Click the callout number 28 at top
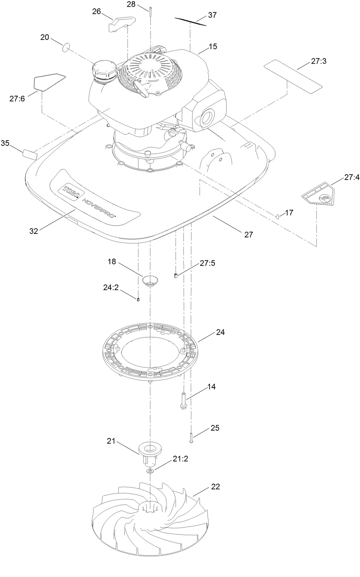[131, 5]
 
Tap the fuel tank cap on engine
[104, 71]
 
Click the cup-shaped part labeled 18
[150, 280]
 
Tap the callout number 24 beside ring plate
[220, 332]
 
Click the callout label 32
[34, 231]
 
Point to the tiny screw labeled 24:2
[138, 299]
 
